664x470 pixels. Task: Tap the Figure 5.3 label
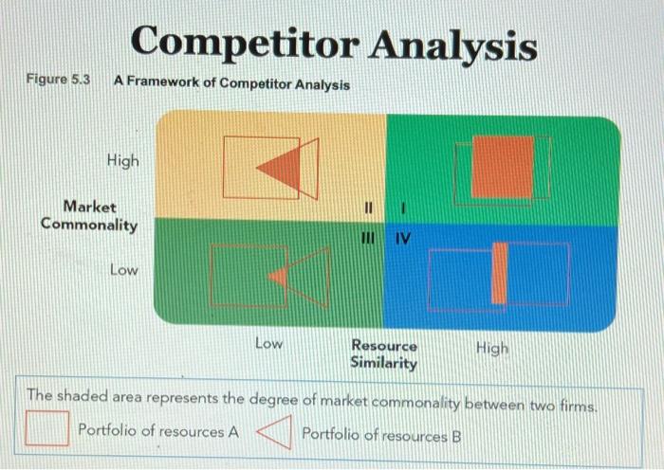(x=58, y=81)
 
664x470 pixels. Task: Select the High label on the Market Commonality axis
(x=123, y=160)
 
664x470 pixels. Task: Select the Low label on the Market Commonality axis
(x=123, y=270)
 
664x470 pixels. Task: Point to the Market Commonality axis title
(x=89, y=215)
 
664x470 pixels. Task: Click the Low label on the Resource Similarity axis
(x=268, y=344)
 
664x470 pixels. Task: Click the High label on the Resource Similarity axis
(x=491, y=348)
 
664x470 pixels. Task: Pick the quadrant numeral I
(x=404, y=207)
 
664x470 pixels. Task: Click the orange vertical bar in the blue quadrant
(x=499, y=273)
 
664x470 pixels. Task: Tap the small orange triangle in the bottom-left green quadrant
(x=279, y=276)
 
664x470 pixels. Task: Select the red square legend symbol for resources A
(x=46, y=430)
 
